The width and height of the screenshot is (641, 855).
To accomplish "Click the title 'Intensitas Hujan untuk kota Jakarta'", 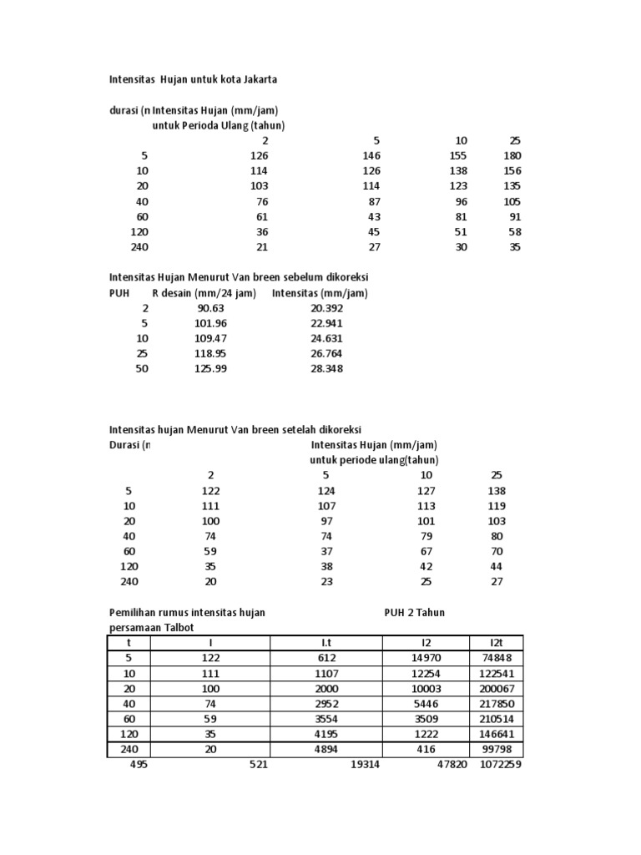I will [x=194, y=80].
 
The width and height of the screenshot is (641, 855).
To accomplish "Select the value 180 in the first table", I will [x=512, y=156].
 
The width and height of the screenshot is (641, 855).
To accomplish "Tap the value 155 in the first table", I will [x=457, y=156].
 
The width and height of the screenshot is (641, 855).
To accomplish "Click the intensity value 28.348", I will [x=326, y=368].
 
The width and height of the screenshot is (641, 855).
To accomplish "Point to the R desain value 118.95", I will [x=209, y=353].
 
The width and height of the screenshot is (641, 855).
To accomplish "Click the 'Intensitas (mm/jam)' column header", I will [x=320, y=293].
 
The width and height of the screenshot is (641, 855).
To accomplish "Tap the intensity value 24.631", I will [x=326, y=338].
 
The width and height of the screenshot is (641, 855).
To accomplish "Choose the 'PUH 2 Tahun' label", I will [x=415, y=612].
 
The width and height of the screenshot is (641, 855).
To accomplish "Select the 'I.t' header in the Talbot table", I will [x=326, y=642].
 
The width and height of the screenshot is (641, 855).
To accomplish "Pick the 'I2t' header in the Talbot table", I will [x=503, y=642].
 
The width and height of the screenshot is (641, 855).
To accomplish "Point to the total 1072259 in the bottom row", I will [x=502, y=764].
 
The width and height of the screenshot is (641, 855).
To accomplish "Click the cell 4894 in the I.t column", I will [x=326, y=749].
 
